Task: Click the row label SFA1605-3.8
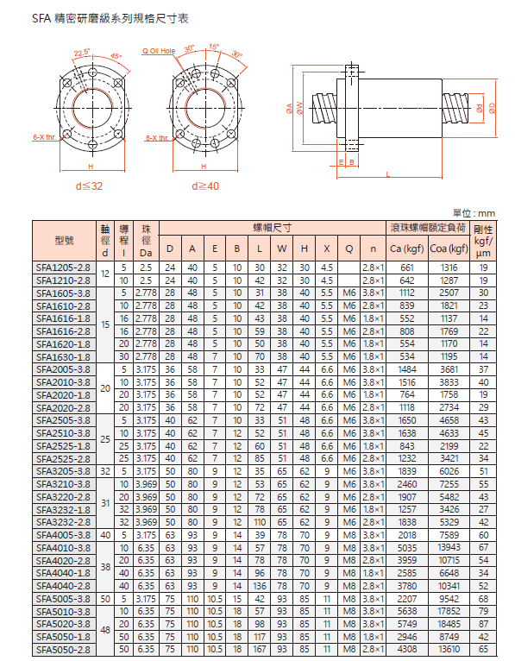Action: click(63, 293)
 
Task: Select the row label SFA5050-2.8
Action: click(63, 650)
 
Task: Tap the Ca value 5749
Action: click(406, 624)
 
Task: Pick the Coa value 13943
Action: click(449, 547)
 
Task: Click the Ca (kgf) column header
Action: click(406, 249)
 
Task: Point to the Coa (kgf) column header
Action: click(449, 249)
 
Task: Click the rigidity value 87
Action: click(483, 624)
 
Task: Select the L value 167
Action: click(260, 650)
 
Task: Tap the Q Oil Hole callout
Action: click(159, 51)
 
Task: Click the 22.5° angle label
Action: click(82, 53)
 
